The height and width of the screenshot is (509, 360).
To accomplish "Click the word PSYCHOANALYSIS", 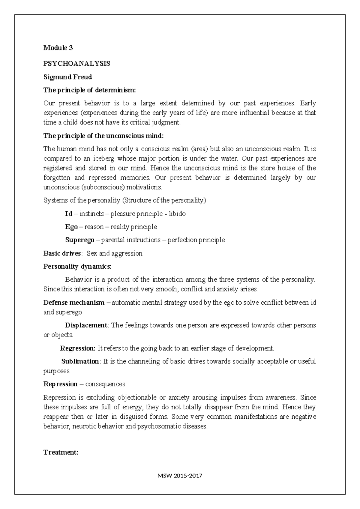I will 77,64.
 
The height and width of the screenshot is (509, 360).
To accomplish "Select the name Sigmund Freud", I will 67,77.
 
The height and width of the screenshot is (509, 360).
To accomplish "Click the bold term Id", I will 69,214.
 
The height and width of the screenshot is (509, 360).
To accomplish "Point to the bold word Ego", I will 71,227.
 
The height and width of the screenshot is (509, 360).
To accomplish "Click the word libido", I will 177,214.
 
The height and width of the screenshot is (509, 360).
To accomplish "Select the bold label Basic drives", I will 62,253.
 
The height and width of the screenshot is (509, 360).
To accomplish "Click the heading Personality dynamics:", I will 77,267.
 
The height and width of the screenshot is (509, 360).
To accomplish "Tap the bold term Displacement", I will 86,325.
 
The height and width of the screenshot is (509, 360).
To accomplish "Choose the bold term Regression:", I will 77,348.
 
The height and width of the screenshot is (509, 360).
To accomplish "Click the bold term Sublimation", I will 80,361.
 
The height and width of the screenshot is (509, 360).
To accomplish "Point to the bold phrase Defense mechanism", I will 74,303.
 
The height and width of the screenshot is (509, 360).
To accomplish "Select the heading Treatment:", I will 61,452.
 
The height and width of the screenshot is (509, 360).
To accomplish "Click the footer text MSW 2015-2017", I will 180,476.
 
